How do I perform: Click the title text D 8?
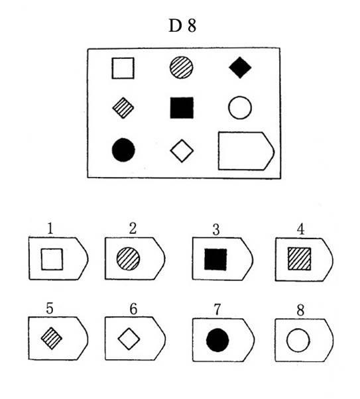coord(182,26)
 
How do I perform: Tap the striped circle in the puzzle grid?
coord(181,68)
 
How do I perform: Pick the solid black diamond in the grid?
coord(240,68)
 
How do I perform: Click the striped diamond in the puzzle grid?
coord(123,108)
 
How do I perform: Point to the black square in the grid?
coord(182,107)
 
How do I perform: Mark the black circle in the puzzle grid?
coord(123,150)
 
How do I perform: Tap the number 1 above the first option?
coord(50,229)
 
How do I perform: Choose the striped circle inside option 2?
coord(129,258)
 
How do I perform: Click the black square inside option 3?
coord(215,259)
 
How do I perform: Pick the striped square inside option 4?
coord(299,258)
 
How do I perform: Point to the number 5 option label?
coord(50,308)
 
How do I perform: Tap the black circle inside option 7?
coord(217,340)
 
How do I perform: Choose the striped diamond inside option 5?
coord(52,338)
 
